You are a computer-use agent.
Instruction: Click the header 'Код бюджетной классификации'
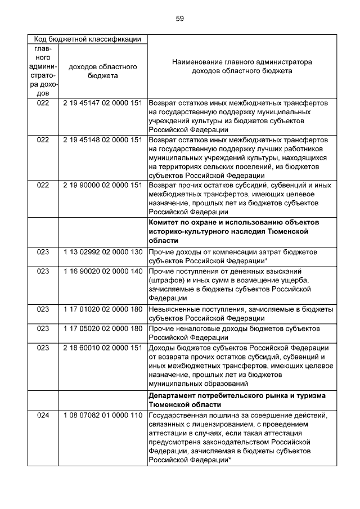87,39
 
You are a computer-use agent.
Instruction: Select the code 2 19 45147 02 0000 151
102,103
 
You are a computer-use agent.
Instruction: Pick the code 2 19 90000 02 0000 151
102,185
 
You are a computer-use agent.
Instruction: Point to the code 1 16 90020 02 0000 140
102,271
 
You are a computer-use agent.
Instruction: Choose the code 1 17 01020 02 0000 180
102,309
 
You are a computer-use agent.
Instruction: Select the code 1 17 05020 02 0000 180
102,328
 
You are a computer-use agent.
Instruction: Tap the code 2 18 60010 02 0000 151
102,348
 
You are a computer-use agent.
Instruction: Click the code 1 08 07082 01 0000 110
102,416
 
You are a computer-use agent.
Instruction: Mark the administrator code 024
43,416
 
